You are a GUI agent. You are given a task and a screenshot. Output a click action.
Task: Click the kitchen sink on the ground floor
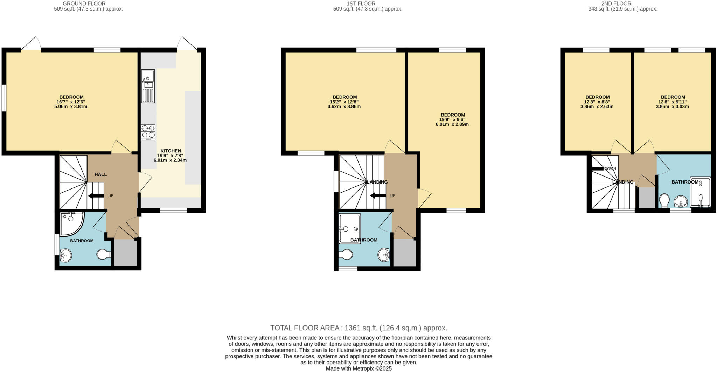pos(148,86)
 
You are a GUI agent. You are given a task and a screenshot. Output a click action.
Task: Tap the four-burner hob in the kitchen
pos(148,132)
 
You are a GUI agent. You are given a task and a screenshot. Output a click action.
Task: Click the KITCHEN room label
pos(170,151)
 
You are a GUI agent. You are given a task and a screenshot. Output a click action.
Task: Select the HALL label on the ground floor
pos(100,174)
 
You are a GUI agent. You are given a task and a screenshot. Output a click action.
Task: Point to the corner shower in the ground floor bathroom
pos(71,223)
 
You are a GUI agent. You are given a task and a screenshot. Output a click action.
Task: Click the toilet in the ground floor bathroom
pos(103,254)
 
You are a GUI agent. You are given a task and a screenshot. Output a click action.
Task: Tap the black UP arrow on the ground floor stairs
pos(96,196)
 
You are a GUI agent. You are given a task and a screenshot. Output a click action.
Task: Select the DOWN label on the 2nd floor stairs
pos(610,169)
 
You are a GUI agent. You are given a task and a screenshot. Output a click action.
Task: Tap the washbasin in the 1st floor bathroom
pos(384,255)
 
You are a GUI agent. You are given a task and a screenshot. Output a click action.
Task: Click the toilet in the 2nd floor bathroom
pos(664,201)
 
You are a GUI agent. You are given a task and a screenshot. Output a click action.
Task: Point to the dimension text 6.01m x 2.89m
pos(452,124)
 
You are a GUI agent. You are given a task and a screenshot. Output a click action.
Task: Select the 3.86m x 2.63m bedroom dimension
pos(597,106)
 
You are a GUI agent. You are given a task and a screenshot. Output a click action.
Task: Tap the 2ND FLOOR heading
pos(621,4)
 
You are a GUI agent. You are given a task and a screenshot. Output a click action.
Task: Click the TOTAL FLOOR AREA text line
pos(358,328)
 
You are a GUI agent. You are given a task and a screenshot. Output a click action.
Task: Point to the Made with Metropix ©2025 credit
pos(358,368)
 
